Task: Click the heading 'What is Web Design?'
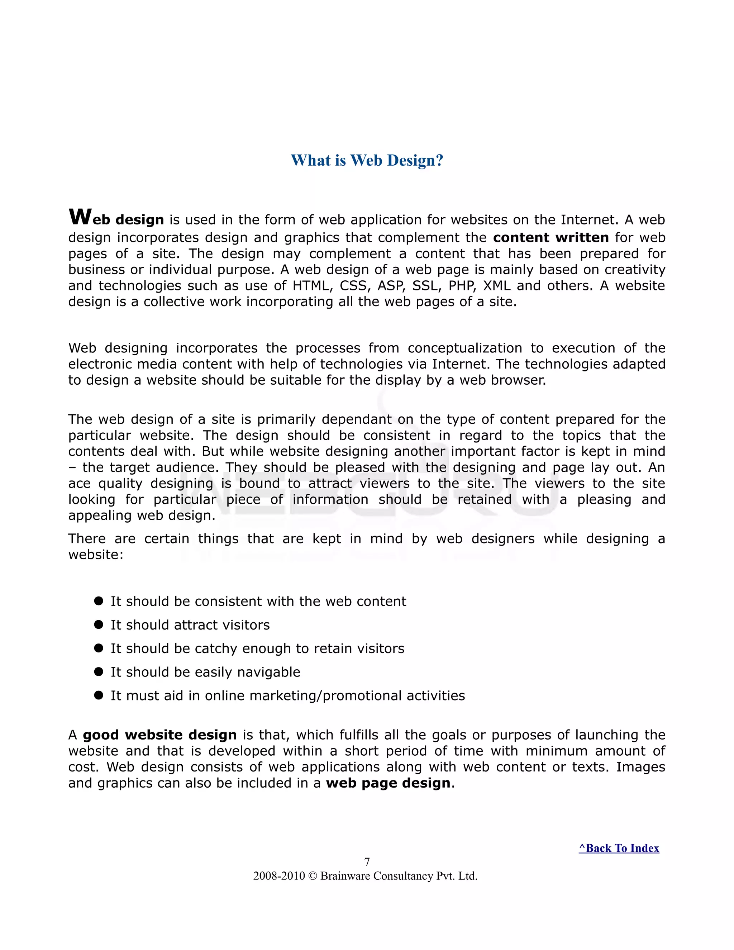pyautogui.click(x=367, y=161)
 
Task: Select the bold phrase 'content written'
pyautogui.click(x=550, y=237)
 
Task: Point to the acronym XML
pyautogui.click(x=497, y=286)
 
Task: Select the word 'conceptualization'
pyautogui.click(x=464, y=348)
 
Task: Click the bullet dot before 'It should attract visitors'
pyautogui.click(x=99, y=624)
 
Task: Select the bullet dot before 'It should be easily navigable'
pyautogui.click(x=99, y=671)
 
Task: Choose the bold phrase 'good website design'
pyautogui.click(x=159, y=735)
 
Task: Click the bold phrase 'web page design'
pyautogui.click(x=388, y=783)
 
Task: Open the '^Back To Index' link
pyautogui.click(x=618, y=848)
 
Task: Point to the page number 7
pyautogui.click(x=367, y=862)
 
